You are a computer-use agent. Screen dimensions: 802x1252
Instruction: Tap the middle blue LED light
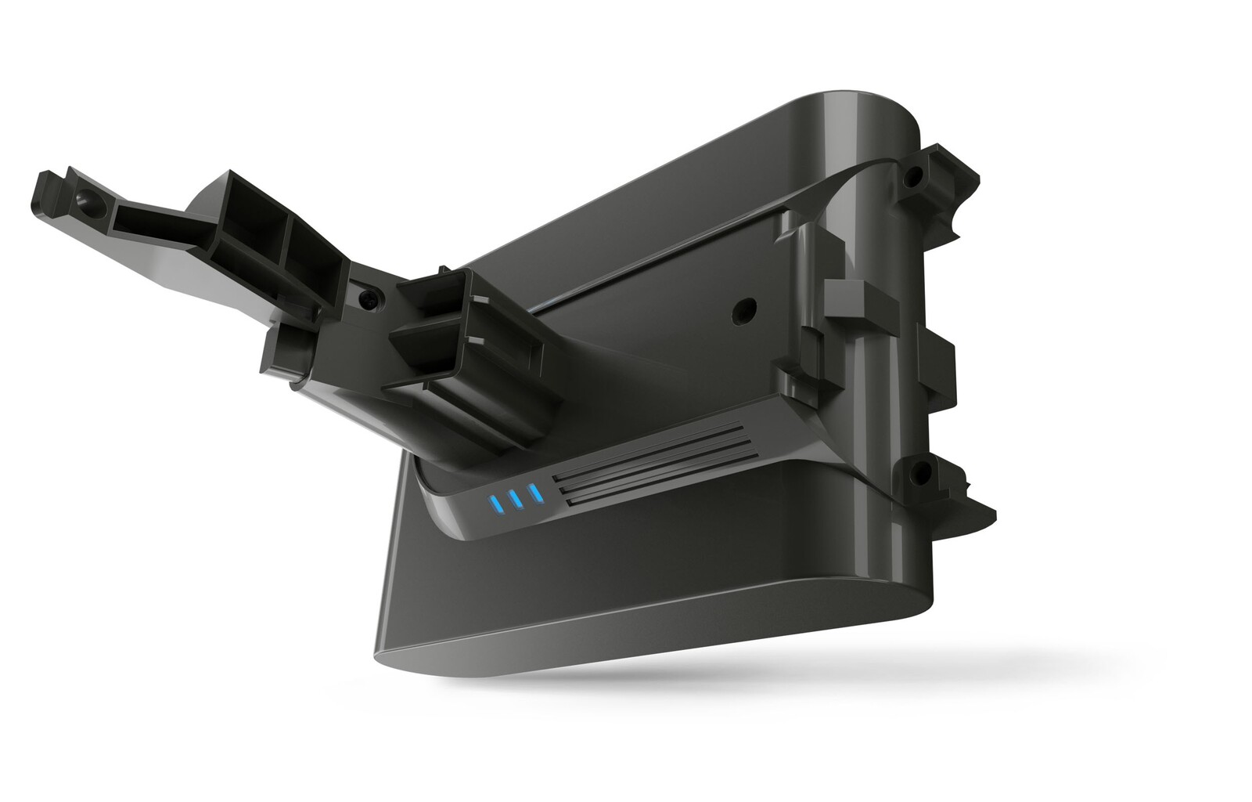pos(513,499)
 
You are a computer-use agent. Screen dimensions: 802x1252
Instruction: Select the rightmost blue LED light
pos(534,493)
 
